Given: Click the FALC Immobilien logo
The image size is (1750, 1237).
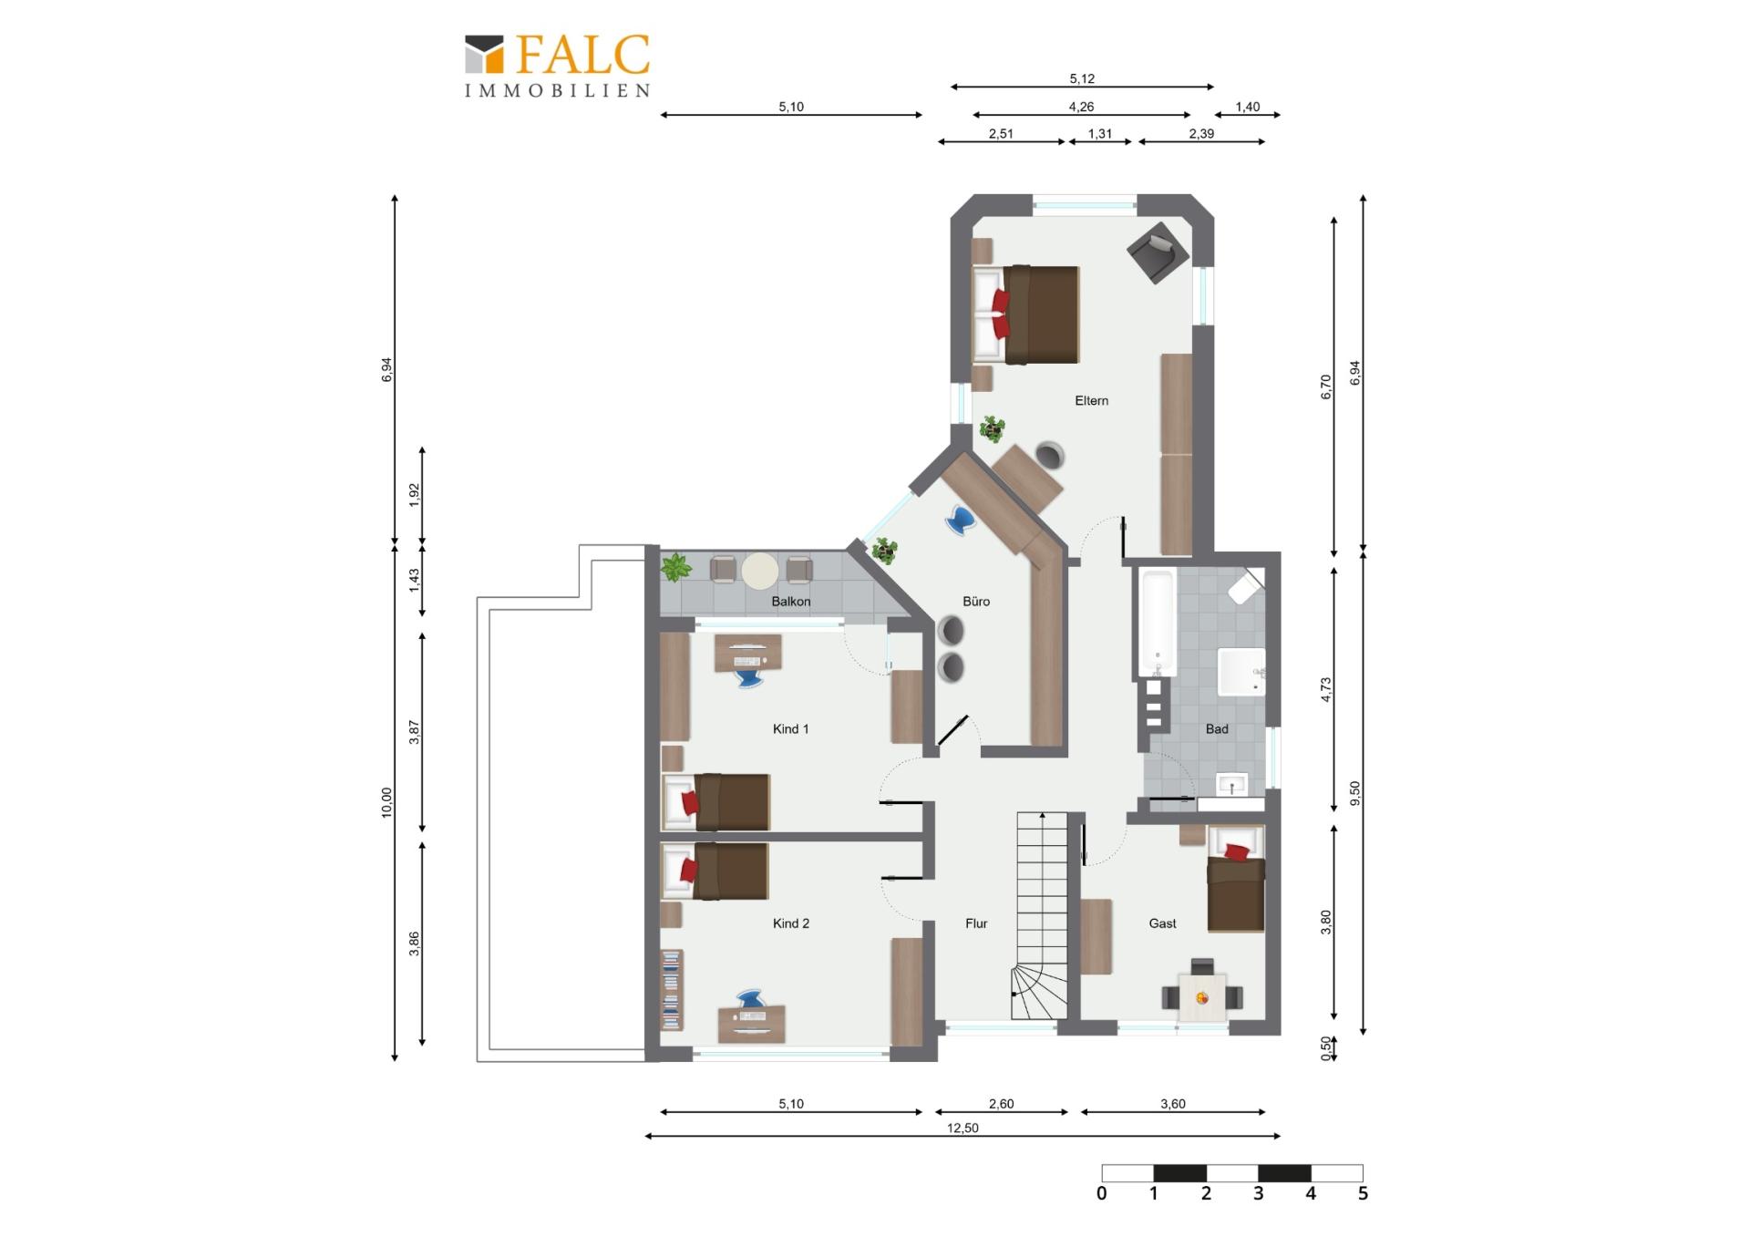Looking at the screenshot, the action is point(558,66).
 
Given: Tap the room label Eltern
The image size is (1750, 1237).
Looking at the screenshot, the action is point(1091,400).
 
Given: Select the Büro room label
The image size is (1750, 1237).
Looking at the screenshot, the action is point(976,602).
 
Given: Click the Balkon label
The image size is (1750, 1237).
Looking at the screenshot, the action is point(790,602).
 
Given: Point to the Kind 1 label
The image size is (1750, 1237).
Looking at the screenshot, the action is point(790,729).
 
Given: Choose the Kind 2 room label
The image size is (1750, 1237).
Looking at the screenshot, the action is point(790,923).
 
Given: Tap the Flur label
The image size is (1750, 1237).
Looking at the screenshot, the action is point(976,923).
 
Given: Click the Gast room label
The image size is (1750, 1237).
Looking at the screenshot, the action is point(1162,923).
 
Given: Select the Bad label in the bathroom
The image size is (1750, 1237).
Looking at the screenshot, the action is point(1217,729).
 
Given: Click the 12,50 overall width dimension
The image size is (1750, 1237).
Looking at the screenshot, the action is point(962,1129).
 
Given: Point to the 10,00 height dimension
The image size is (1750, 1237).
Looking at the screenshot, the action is point(386,803).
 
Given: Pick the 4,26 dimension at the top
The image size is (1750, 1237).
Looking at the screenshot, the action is point(1081,107).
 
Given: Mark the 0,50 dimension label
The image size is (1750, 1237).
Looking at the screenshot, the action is point(1326,1048).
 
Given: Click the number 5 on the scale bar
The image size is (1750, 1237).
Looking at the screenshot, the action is point(1363,1193).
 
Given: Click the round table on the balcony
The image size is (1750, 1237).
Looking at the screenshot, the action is point(760,572).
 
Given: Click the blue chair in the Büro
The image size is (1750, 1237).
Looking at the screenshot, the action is point(960,520).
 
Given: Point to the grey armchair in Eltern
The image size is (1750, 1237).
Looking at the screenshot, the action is point(1158,252).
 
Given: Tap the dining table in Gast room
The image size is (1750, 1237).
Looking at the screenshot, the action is point(1202,998).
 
